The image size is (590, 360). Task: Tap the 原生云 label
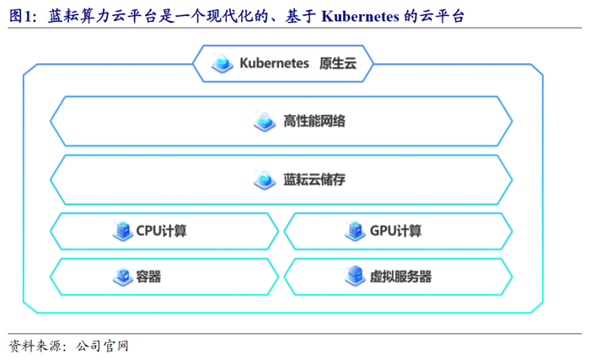pyautogui.click(x=338, y=63)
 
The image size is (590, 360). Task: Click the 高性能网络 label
pyautogui.click(x=314, y=121)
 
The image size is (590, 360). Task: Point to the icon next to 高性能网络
pyautogui.click(x=265, y=121)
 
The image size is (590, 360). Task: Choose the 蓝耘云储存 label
pyautogui.click(x=314, y=180)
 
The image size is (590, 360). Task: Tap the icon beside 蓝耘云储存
pyautogui.click(x=265, y=180)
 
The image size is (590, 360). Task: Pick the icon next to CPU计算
pyautogui.click(x=123, y=230)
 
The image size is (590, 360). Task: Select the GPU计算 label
pyautogui.click(x=395, y=230)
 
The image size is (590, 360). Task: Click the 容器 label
pyautogui.click(x=148, y=276)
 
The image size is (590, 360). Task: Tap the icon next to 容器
pyautogui.click(x=122, y=276)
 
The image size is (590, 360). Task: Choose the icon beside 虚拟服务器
pyautogui.click(x=355, y=276)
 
